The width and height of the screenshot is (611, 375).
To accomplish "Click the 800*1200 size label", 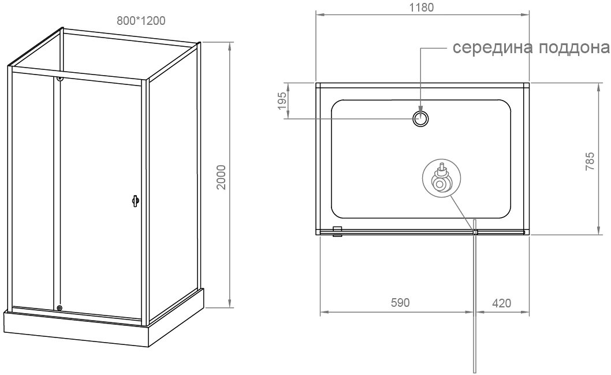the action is (x=141, y=20).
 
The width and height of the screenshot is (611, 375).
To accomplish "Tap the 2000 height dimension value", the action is (x=221, y=177).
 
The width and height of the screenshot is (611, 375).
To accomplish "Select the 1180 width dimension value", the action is (x=422, y=7).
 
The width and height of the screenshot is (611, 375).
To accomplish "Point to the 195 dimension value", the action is (x=282, y=101).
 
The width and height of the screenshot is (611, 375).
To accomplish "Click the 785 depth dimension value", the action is (x=590, y=161).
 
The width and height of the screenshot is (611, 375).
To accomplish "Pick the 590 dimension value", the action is (x=400, y=303).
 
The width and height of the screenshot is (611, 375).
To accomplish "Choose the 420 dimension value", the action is (x=501, y=303).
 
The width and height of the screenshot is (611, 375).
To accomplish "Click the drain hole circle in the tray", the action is (x=421, y=118).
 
